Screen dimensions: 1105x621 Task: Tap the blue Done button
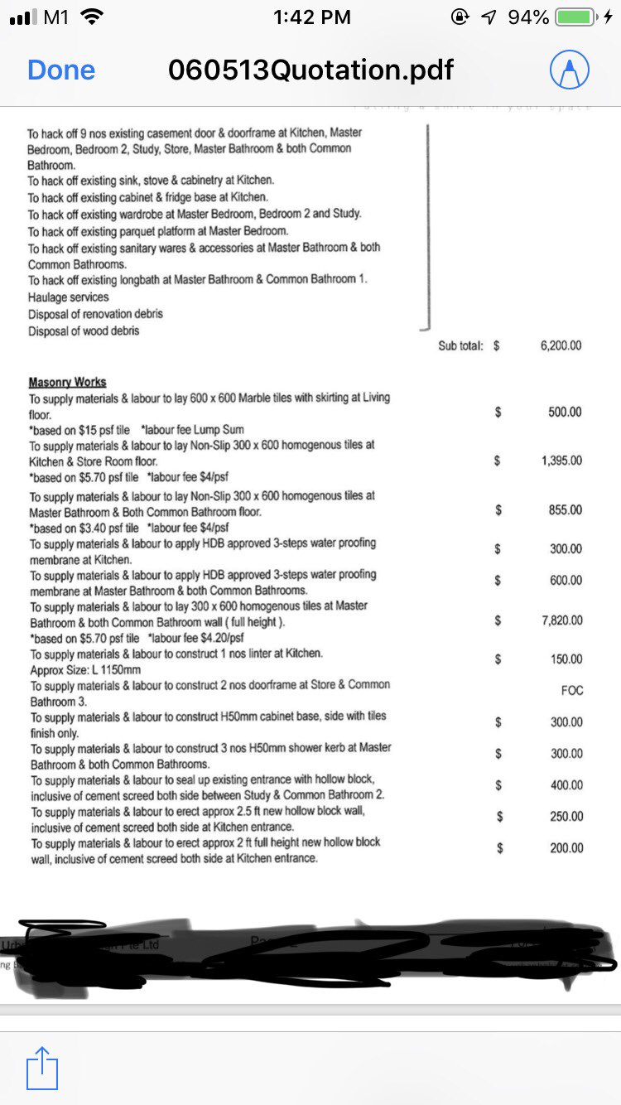point(61,70)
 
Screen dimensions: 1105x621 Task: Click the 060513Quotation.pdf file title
point(310,70)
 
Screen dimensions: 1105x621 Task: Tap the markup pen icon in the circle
point(570,70)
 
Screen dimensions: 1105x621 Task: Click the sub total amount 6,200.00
point(561,346)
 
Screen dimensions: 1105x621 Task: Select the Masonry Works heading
point(67,382)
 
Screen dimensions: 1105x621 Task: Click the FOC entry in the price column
point(571,690)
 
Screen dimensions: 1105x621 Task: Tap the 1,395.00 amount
point(561,461)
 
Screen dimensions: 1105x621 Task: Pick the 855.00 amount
point(566,509)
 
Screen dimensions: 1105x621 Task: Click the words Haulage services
point(68,297)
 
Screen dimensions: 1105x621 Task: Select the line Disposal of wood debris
point(83,331)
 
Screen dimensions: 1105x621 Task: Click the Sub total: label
point(460,346)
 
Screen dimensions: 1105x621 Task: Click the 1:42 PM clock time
point(311,17)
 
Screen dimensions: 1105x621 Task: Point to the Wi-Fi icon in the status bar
point(94,17)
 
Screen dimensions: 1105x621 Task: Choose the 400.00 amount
point(566,784)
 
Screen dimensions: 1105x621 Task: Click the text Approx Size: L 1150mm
point(85,669)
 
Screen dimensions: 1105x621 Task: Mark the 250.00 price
point(566,816)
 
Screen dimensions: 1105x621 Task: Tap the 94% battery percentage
point(528,17)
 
